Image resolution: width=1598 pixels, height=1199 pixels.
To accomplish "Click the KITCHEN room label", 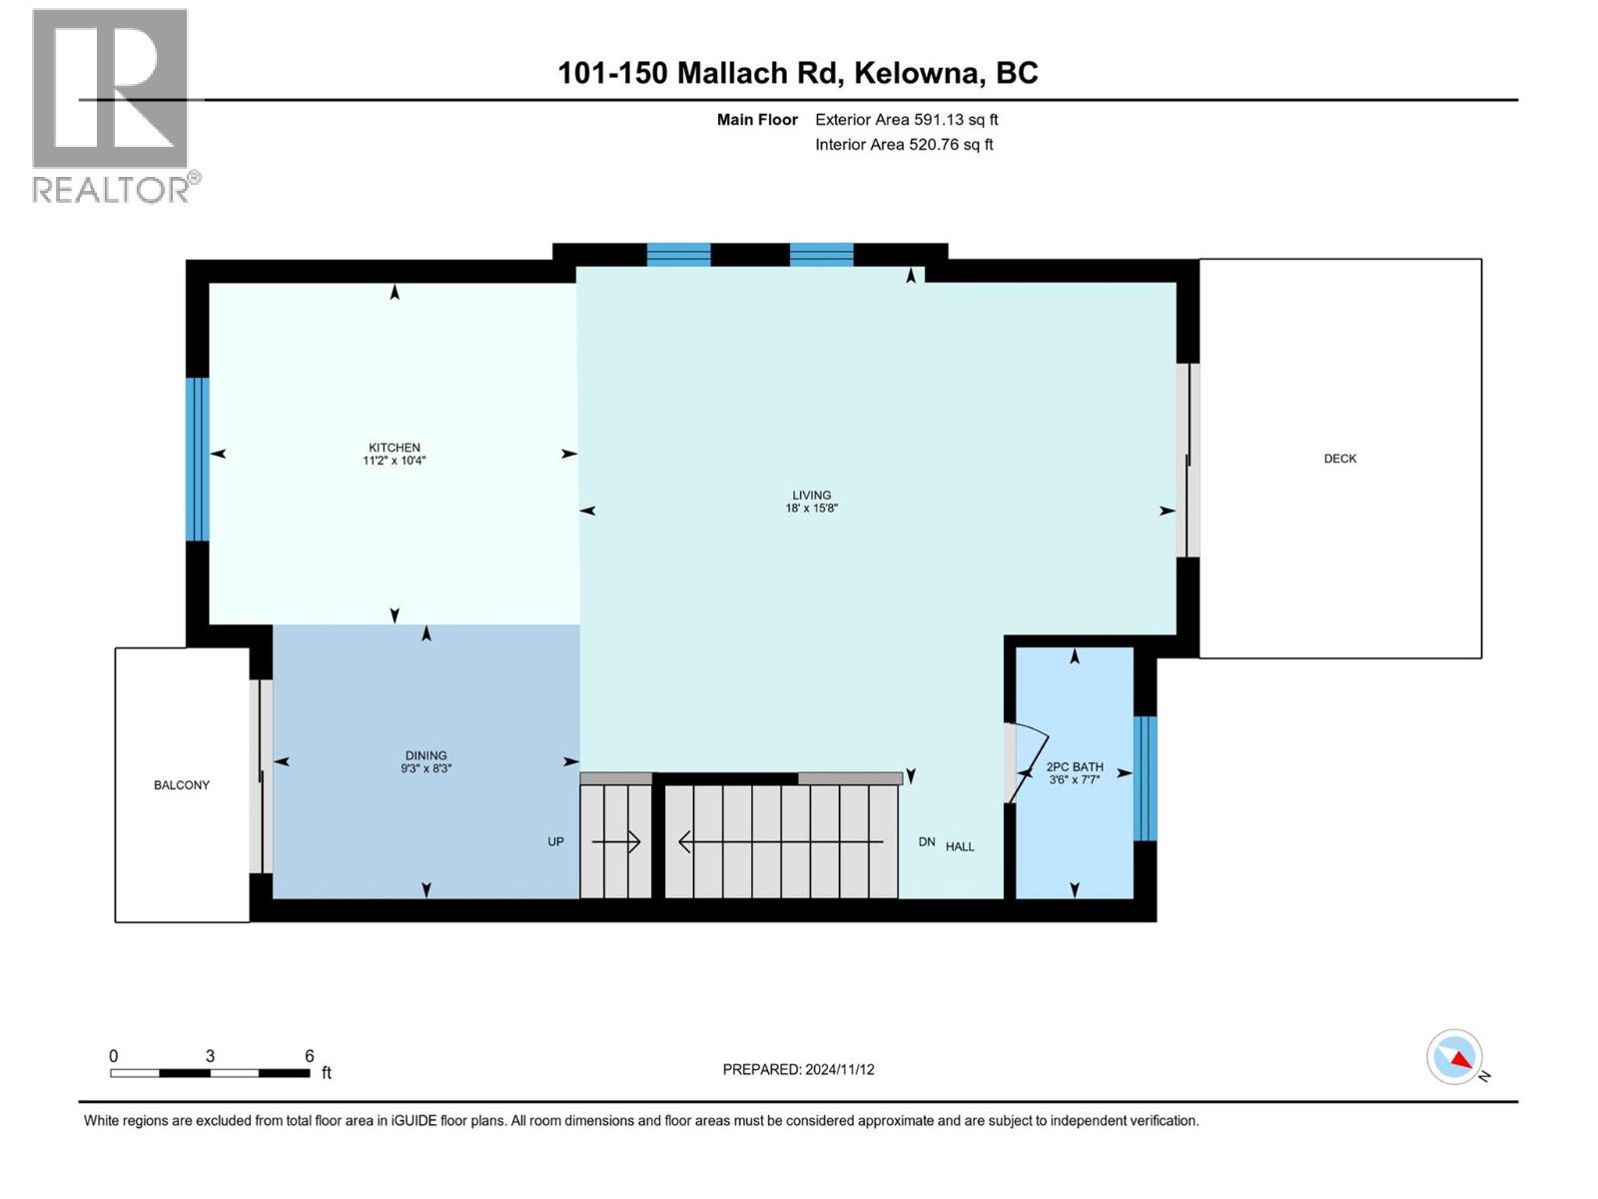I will pyautogui.click(x=395, y=448).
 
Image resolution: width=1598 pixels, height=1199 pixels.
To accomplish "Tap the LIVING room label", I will pyautogui.click(x=811, y=495).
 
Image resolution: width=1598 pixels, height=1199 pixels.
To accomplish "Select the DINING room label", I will pyautogui.click(x=425, y=755).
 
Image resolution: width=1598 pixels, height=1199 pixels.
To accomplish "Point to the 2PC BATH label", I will pyautogui.click(x=1075, y=767).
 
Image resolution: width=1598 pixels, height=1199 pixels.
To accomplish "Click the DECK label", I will pyautogui.click(x=1340, y=459).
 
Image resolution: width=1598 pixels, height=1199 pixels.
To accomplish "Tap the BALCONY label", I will pyautogui.click(x=182, y=785).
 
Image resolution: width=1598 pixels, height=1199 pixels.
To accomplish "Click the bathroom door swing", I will pyautogui.click(x=1029, y=759).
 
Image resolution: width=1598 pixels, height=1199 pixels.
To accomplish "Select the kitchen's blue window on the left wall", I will pyautogui.click(x=199, y=459).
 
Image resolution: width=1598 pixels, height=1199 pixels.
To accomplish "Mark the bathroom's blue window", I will pyautogui.click(x=1146, y=778).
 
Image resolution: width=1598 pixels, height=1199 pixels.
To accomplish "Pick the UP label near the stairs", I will pyautogui.click(x=556, y=841).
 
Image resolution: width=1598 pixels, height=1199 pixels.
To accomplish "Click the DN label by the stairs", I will pyautogui.click(x=927, y=842).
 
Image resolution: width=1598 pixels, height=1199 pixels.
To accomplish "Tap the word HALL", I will pyautogui.click(x=960, y=846).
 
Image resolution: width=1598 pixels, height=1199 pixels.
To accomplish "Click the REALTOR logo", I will pyautogui.click(x=112, y=105).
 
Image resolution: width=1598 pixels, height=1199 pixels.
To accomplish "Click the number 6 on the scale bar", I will pyautogui.click(x=310, y=1056).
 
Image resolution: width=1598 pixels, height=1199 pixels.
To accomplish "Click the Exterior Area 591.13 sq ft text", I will pyautogui.click(x=906, y=119).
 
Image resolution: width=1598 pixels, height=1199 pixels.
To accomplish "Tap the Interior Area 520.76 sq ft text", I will pyautogui.click(x=904, y=144).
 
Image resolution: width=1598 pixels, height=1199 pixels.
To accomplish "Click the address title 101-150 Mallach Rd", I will pyautogui.click(x=797, y=73).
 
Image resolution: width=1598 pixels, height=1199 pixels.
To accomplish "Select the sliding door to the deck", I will pyautogui.click(x=1188, y=460).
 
